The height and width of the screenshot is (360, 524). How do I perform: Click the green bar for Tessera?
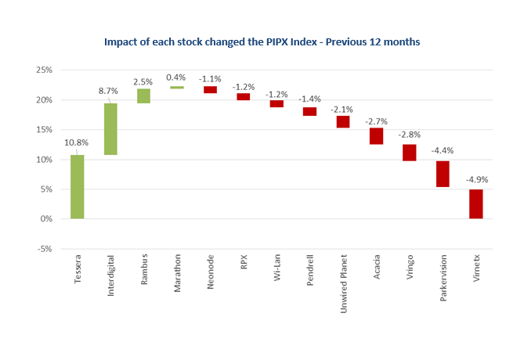78,187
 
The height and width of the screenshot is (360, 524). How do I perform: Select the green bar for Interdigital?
110,129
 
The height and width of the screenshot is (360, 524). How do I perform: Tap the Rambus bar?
143,95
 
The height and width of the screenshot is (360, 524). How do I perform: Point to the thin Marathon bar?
177,88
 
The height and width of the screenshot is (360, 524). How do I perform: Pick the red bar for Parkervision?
443,174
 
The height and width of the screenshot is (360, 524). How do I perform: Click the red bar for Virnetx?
475,203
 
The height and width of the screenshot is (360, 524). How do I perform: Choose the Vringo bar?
410,153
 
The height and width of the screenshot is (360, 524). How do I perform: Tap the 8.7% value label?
108,92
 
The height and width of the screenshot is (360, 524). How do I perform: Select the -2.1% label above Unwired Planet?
343,109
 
